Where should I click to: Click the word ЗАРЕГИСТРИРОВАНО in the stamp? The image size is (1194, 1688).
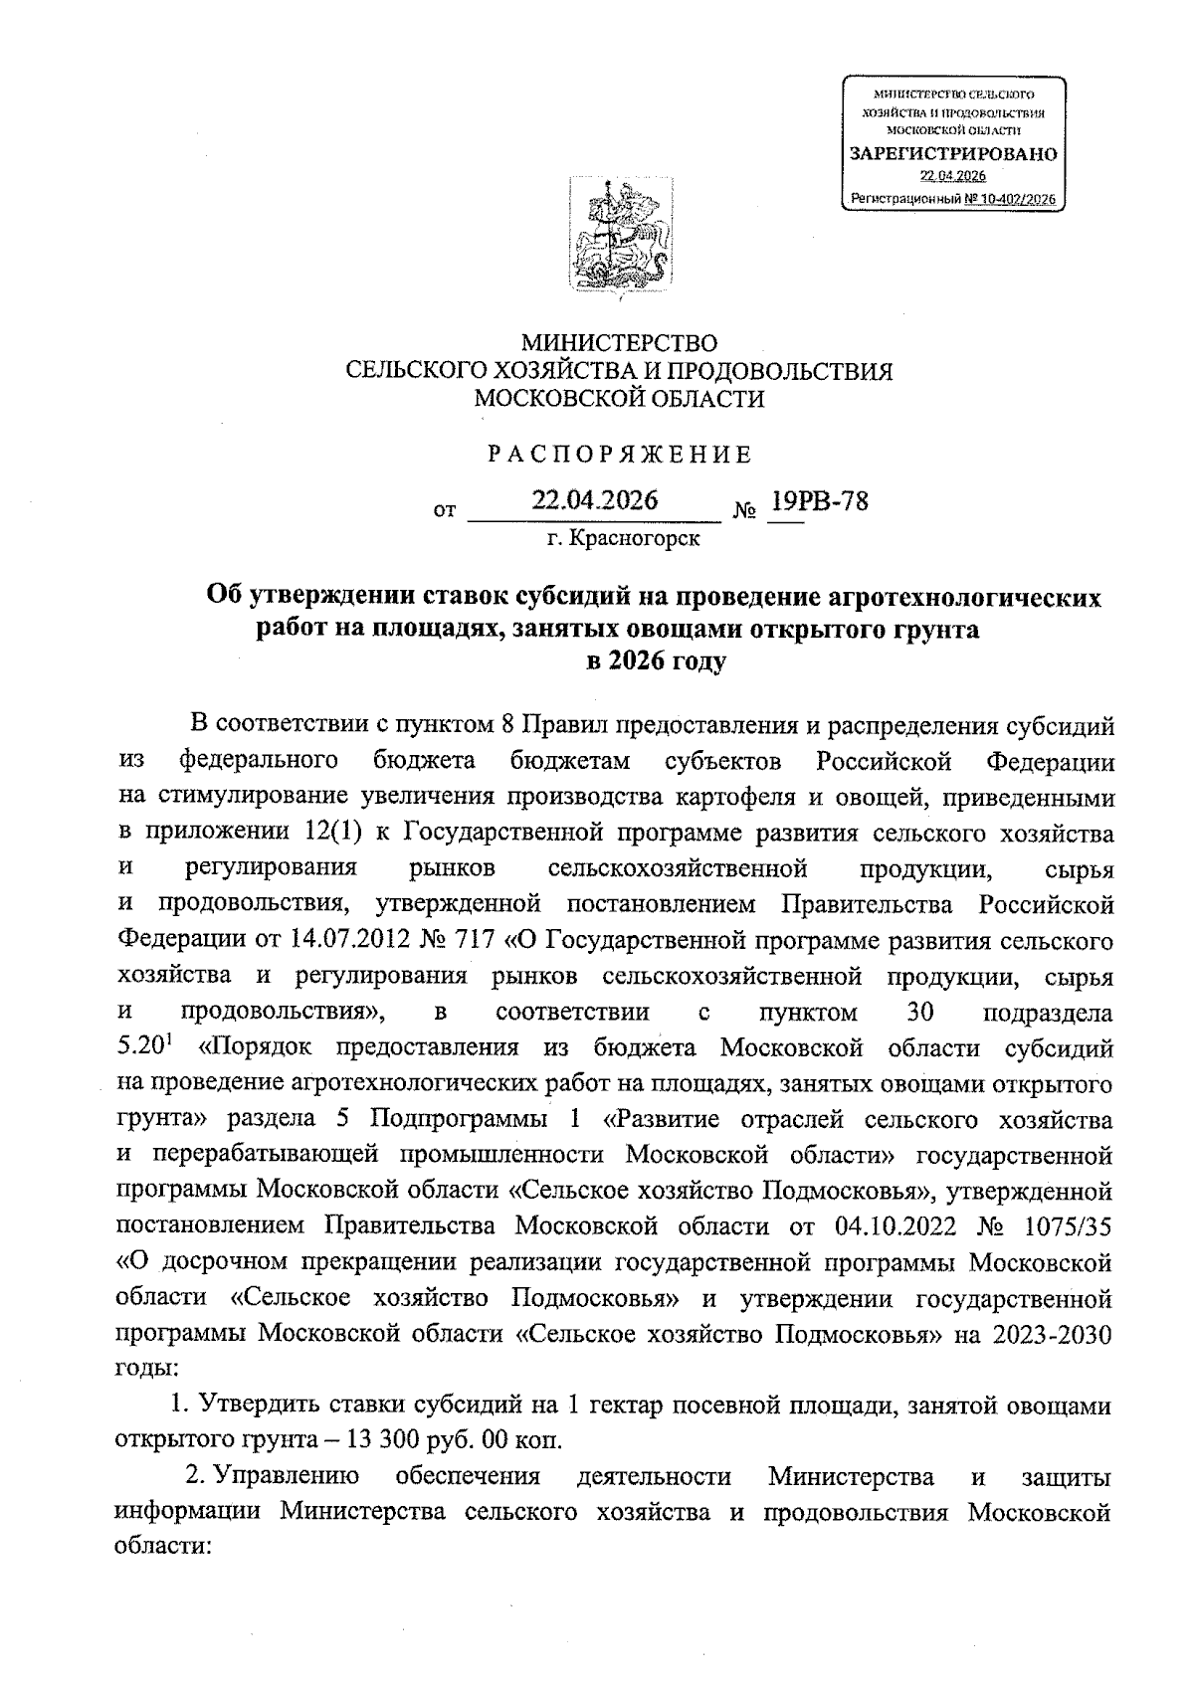pyautogui.click(x=952, y=154)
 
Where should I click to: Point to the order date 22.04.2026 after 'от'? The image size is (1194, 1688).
pyautogui.click(x=594, y=500)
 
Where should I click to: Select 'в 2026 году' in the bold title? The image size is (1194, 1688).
pyautogui.click(x=657, y=660)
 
